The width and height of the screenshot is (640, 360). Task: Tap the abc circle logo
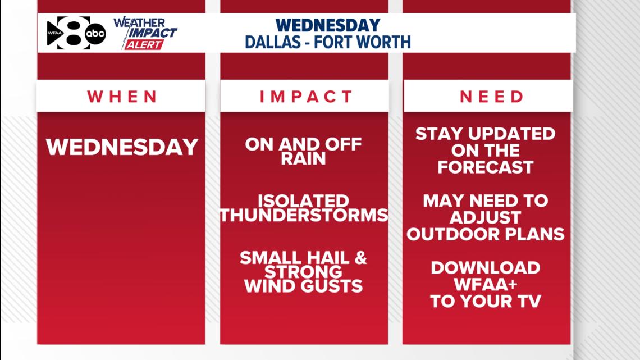point(95,34)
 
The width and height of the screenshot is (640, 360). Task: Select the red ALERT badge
point(144,44)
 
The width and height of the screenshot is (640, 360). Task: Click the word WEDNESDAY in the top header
point(328,25)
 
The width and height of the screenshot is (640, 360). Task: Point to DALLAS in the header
point(273,42)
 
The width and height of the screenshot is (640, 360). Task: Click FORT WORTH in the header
point(362,42)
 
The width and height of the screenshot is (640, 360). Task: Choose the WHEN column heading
point(122,97)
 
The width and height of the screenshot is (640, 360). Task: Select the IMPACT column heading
point(306,97)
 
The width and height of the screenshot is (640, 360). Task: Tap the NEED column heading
point(491,97)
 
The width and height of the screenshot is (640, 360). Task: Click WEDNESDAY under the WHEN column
point(122,147)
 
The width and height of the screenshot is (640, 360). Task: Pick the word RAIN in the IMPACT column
point(303,158)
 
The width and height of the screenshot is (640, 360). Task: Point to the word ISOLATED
point(303,201)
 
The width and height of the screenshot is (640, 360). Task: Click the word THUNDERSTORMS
point(304,215)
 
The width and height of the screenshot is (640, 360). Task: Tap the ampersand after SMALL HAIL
point(361,258)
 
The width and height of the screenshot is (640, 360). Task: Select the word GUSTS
point(333,286)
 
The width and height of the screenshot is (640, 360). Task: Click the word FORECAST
point(485,167)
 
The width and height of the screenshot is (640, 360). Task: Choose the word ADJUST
point(485,217)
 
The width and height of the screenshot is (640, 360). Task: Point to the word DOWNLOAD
point(485,268)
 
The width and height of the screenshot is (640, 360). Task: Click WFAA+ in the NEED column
point(485,285)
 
